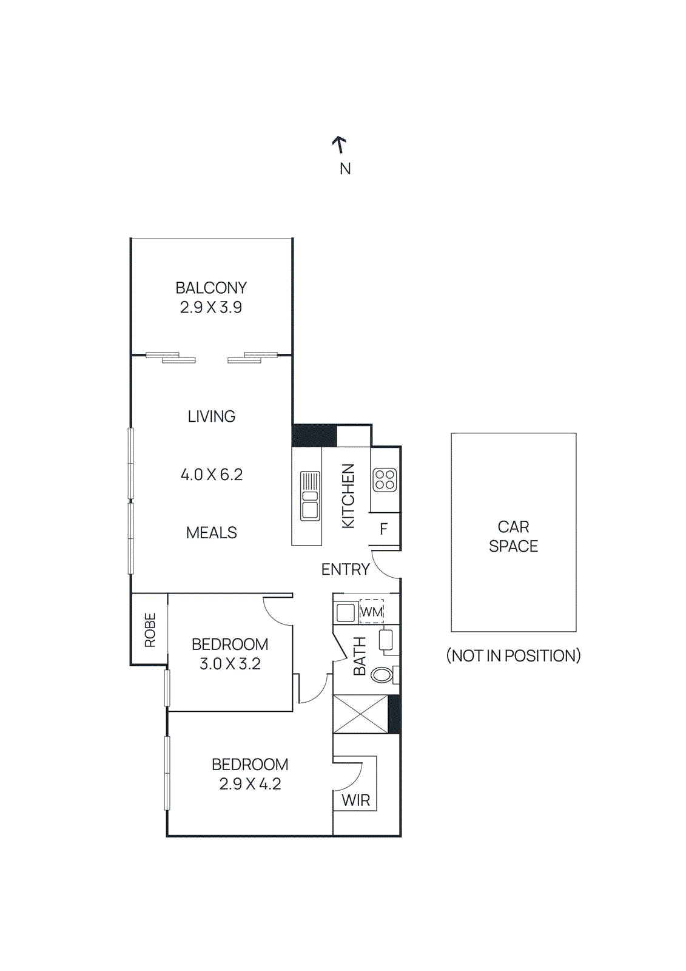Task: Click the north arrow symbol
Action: [x=340, y=144]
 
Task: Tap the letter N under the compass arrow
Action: [x=345, y=169]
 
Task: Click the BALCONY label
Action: [x=211, y=288]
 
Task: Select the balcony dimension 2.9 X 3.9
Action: [x=211, y=308]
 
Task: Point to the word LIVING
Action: [x=211, y=416]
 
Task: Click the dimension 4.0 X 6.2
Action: [x=212, y=475]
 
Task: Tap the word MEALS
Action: [x=211, y=533]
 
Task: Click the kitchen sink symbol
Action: [x=310, y=496]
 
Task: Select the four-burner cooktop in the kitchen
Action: [x=385, y=479]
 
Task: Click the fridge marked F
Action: [x=384, y=529]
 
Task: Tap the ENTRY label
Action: [x=345, y=569]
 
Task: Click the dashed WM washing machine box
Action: [x=371, y=611]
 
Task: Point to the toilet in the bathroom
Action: [x=382, y=674]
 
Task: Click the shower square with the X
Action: [x=360, y=714]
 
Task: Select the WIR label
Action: [x=355, y=800]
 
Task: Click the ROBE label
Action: [x=150, y=630]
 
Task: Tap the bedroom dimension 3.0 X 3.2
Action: [x=230, y=664]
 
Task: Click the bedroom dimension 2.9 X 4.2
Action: [x=250, y=784]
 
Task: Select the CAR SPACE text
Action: [x=513, y=536]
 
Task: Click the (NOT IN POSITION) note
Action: [x=513, y=656]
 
